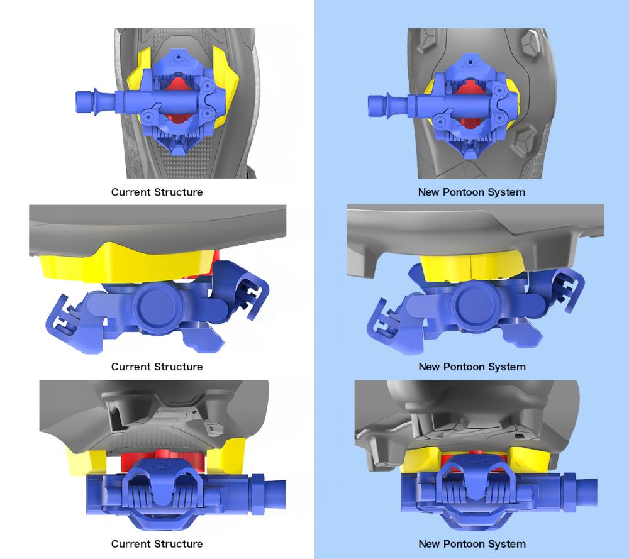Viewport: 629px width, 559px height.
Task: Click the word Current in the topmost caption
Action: point(131,192)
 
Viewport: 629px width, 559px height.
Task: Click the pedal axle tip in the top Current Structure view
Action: point(79,101)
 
